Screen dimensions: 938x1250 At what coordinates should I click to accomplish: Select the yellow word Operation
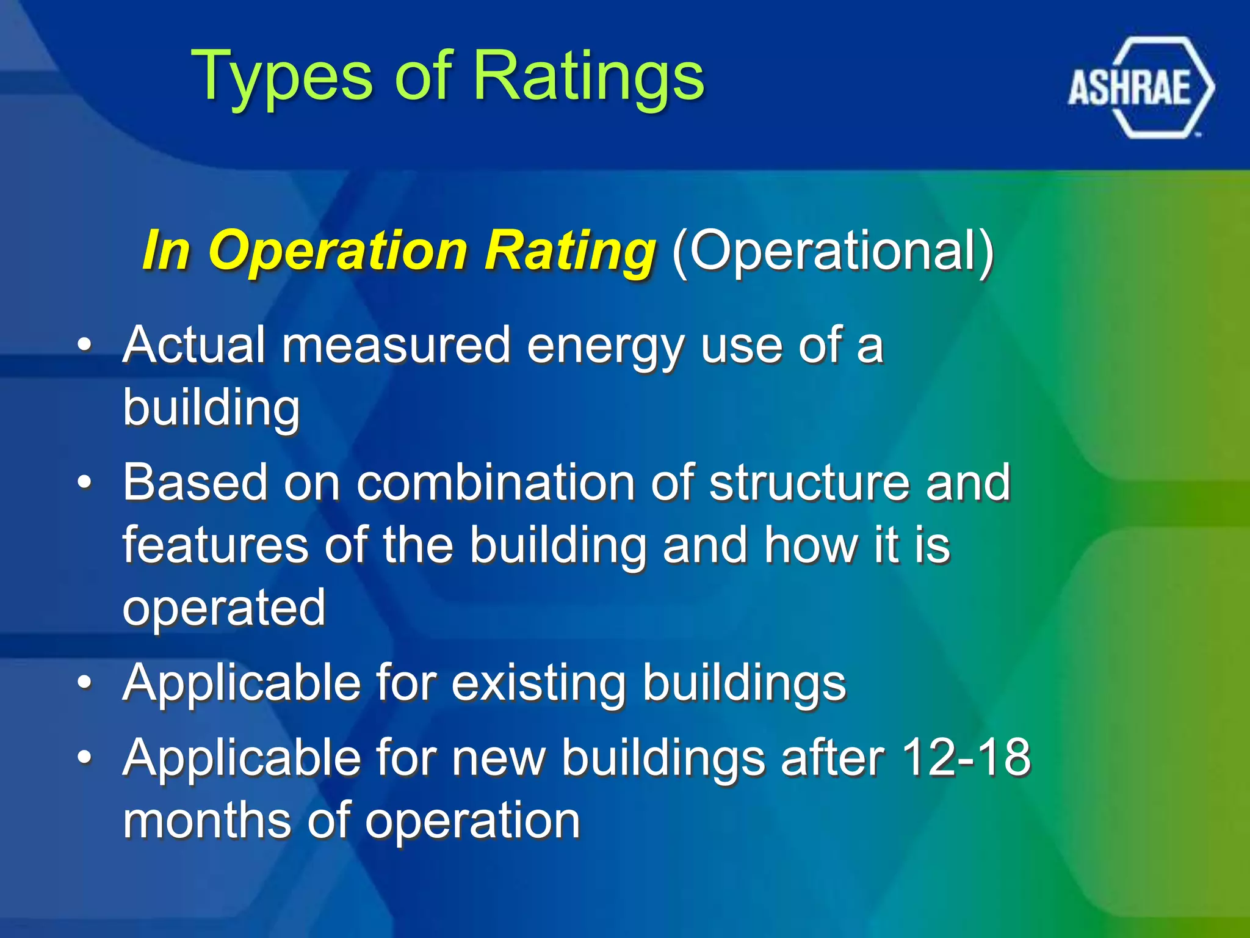coord(339,251)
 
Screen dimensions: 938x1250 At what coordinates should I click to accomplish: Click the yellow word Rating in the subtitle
coord(570,251)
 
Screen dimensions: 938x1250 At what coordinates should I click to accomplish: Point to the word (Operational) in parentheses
coord(833,251)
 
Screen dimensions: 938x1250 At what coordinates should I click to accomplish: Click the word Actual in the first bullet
coord(194,345)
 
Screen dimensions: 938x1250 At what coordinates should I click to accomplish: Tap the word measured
coord(396,345)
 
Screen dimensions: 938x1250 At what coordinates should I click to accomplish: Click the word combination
coord(495,482)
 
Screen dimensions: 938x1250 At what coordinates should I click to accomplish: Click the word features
coord(215,545)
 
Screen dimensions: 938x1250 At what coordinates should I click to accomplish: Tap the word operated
coord(223,608)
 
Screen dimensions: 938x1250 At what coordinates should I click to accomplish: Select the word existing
coord(538,683)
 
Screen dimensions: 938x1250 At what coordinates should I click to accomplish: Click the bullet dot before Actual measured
coord(85,346)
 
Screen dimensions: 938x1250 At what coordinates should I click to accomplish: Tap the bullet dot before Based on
coord(85,482)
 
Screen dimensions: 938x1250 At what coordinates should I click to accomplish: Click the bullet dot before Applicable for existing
coord(85,682)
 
